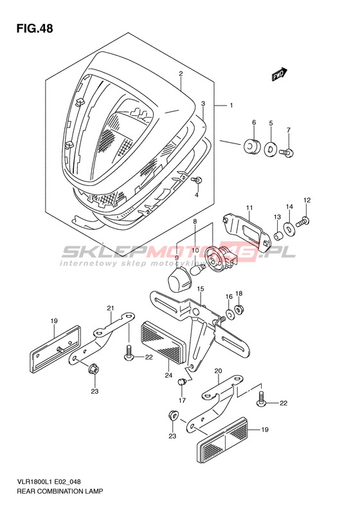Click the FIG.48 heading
(x=34, y=28)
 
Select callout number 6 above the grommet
(x=254, y=122)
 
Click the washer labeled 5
(x=269, y=149)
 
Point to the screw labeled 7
(x=287, y=152)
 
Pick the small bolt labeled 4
(x=197, y=180)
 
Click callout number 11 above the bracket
(x=249, y=208)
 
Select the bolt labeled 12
(x=303, y=222)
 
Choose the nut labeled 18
(x=239, y=310)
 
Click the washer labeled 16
(x=230, y=314)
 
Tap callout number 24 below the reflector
(x=168, y=376)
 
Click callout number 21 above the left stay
(x=111, y=308)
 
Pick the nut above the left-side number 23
(x=94, y=369)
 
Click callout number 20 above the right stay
(x=218, y=371)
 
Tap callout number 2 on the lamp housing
(x=181, y=74)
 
